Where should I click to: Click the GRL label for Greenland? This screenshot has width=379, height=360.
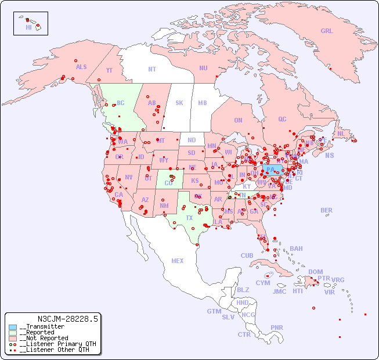tap(327, 31)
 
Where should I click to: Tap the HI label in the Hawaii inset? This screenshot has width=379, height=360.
tap(28, 27)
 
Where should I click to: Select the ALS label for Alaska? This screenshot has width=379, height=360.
tap(81, 67)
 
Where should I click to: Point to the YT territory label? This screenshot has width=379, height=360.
tap(109, 70)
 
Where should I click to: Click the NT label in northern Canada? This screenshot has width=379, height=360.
tap(152, 69)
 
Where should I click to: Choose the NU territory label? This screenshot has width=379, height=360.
tap(203, 68)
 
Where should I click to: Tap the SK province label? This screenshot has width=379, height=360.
tap(179, 103)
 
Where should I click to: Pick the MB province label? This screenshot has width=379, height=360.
tap(202, 103)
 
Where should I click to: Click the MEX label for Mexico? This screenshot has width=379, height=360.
tap(178, 261)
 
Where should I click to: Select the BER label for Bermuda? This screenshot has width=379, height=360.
tap(327, 210)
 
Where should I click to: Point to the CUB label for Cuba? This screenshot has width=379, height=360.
tap(247, 255)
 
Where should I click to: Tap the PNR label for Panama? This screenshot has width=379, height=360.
tap(277, 327)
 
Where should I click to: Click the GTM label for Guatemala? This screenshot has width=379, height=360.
tap(214, 311)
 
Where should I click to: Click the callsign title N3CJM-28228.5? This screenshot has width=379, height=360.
tap(67, 319)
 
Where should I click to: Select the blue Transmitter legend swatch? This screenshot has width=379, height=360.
tap(13, 327)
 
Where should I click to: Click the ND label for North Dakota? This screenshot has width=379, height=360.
tap(192, 140)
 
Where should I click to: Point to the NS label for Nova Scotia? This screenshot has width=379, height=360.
tap(329, 156)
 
